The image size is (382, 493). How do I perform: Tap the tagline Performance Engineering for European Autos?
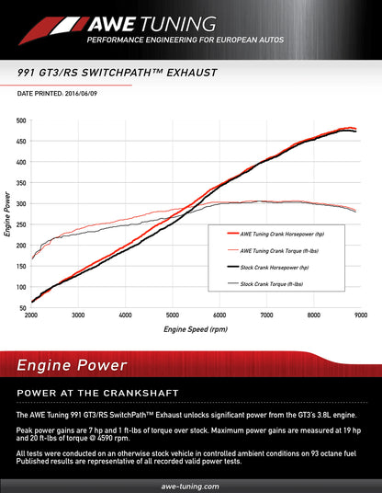click(x=185, y=41)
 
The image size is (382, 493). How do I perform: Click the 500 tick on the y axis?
click(x=21, y=120)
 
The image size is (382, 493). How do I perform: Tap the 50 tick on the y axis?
click(x=21, y=308)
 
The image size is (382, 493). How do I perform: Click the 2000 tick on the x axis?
click(x=31, y=315)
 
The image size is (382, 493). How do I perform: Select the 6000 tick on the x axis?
click(x=219, y=315)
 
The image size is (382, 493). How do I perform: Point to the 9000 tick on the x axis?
click(x=360, y=315)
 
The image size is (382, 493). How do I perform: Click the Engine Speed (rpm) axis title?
click(x=195, y=328)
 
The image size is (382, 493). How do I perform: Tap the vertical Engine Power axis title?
click(x=8, y=214)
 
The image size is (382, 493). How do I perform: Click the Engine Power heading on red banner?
click(x=72, y=366)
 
